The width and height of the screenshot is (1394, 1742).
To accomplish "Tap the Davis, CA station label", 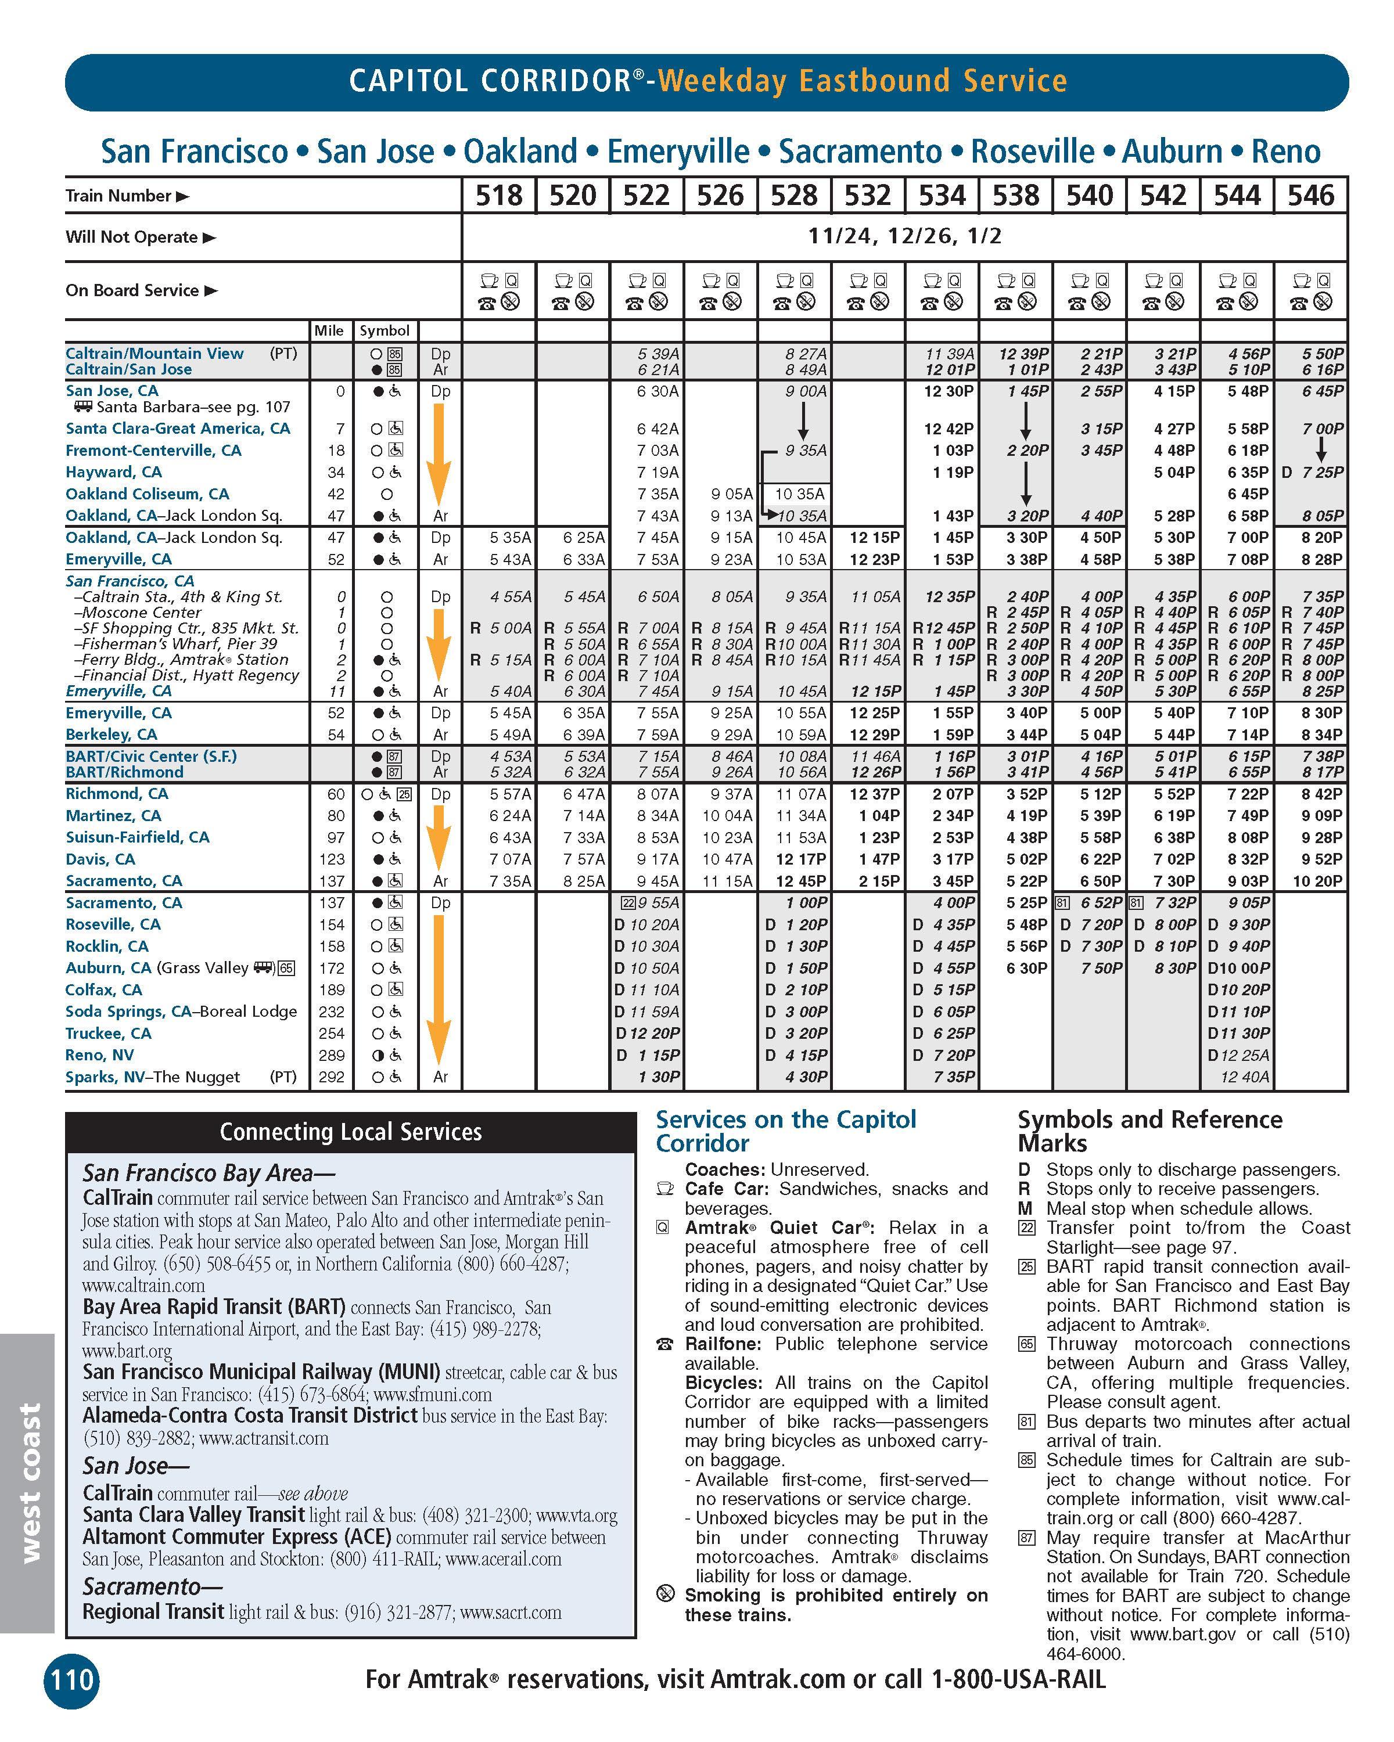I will tap(100, 859).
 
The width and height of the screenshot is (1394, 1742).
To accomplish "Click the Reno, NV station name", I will tap(99, 1054).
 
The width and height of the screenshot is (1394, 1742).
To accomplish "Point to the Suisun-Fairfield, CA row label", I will tap(138, 837).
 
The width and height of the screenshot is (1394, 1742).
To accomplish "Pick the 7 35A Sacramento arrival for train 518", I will tap(510, 881).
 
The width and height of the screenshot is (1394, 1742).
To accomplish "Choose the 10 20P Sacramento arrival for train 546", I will tap(1317, 881).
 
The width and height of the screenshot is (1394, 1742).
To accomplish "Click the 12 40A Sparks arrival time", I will tap(1245, 1076).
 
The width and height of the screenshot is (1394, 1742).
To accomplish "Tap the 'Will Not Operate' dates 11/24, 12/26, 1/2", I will tap(904, 236).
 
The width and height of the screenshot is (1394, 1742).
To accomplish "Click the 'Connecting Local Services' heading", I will tap(351, 1132).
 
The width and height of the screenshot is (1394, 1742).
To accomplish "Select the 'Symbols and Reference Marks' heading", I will tap(1149, 1131).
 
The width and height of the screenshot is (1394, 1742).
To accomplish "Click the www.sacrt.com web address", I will tap(511, 1612).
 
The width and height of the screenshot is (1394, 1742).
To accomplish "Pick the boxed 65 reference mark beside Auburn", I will tap(286, 968).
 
